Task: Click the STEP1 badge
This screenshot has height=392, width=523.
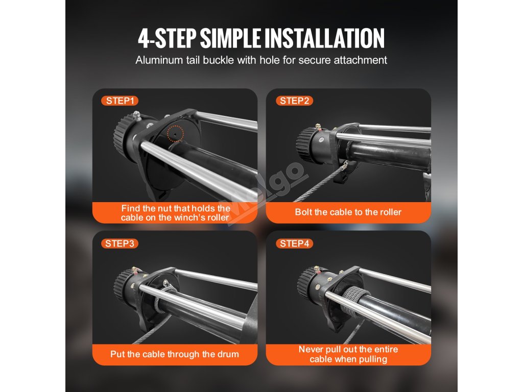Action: [x=120, y=101]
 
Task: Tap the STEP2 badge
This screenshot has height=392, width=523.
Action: [x=294, y=101]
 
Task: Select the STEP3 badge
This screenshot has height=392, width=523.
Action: [x=120, y=243]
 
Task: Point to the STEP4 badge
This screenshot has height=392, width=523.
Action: [x=294, y=243]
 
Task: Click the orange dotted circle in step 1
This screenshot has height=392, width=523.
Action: [x=176, y=133]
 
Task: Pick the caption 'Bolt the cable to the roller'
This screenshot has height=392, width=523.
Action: [x=348, y=212]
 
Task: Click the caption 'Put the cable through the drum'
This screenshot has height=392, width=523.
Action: [x=175, y=354]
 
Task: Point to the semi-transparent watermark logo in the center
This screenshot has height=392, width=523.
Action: [x=264, y=193]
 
